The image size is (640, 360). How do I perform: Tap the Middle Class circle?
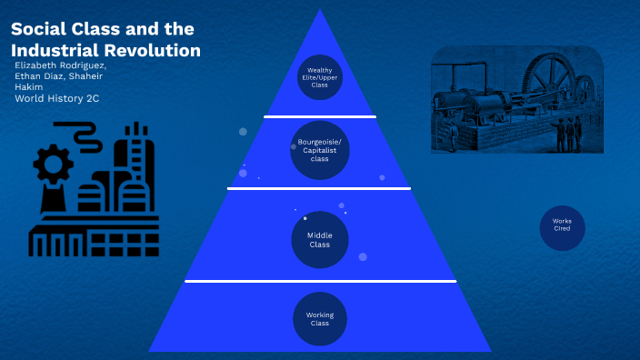pos(319,240)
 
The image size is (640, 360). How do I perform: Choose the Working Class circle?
pos(319,319)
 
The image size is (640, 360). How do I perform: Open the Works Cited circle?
pos(562,227)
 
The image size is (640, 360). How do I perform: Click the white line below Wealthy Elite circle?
pos(319,117)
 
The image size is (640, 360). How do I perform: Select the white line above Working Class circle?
pos(319,282)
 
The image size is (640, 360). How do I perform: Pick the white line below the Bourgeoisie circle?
pos(319,188)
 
